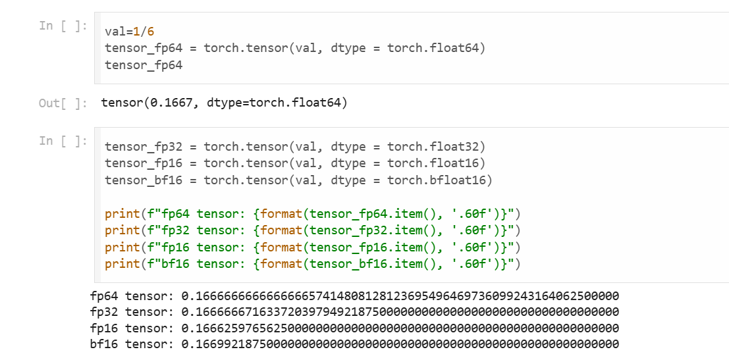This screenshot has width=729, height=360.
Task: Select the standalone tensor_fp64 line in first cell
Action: click(x=144, y=65)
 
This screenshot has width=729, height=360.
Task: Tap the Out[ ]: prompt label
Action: click(x=63, y=103)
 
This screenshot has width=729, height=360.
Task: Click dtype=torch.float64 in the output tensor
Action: click(x=277, y=103)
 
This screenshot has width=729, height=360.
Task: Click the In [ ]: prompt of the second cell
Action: click(x=63, y=140)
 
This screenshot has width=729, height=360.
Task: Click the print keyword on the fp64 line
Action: click(x=122, y=213)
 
